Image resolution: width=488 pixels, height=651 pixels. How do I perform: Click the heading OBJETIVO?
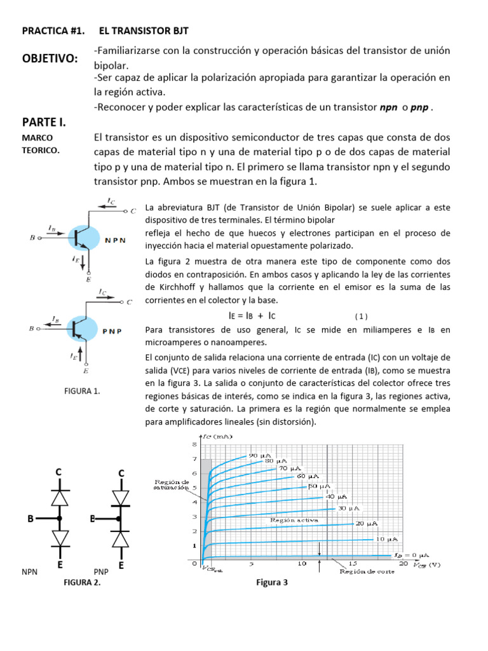[x=50, y=58]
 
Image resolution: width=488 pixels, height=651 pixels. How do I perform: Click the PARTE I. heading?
[x=44, y=121]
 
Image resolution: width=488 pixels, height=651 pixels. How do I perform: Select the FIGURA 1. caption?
[x=82, y=391]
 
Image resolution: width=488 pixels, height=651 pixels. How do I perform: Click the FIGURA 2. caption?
[x=81, y=581]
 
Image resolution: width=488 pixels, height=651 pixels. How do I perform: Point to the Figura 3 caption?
[x=272, y=582]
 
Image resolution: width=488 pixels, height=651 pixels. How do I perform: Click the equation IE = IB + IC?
[x=252, y=315]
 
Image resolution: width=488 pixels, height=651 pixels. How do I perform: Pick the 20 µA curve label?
[x=367, y=523]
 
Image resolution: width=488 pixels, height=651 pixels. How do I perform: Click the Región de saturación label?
[x=172, y=485]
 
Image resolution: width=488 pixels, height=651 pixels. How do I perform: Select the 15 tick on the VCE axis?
[x=353, y=564]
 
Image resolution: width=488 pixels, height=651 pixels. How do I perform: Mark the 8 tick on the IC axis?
[x=194, y=443]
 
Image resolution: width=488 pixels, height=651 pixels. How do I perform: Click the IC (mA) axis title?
[x=219, y=437]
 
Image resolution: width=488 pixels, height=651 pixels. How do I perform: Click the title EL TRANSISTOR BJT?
[x=144, y=30]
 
